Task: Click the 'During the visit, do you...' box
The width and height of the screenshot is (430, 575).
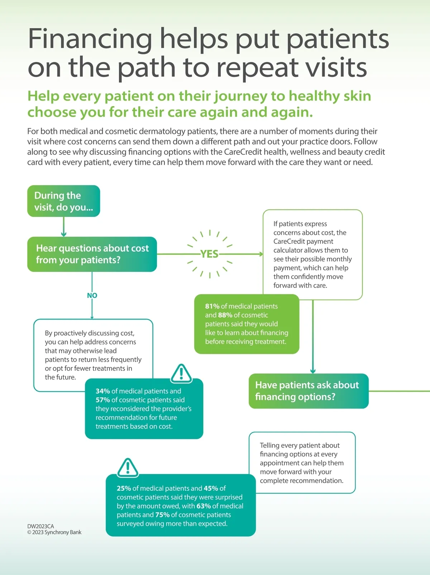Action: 63,201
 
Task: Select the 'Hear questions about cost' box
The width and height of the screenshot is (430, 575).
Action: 92,254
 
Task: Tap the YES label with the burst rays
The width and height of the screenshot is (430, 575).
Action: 209,254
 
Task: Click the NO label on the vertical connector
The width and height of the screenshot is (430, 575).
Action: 92,295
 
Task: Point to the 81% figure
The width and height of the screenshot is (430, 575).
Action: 212,306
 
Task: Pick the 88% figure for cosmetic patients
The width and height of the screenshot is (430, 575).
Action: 225,315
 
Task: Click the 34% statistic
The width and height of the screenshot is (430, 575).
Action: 102,391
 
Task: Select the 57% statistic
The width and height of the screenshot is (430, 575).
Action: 102,400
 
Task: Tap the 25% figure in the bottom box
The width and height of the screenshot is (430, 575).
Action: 124,488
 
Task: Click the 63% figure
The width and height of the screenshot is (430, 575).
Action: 204,506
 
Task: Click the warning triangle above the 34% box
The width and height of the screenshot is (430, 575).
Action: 181,373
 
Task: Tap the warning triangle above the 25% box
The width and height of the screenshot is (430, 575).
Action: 128,467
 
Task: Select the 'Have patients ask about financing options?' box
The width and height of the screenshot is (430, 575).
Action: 309,391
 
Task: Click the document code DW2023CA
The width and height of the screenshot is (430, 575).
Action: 40,526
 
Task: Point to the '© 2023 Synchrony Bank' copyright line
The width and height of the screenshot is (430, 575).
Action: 54,532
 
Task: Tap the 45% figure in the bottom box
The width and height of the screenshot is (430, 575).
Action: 211,488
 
